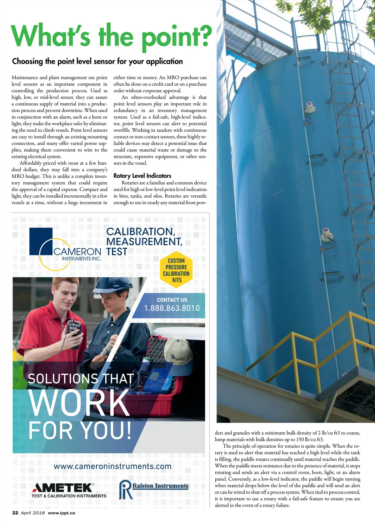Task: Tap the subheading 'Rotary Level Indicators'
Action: pyautogui.click(x=142, y=176)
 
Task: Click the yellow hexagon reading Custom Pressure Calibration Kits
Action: pyautogui.click(x=176, y=270)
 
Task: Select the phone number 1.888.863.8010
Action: pyautogui.click(x=172, y=308)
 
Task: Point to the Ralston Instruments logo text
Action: pyautogui.click(x=160, y=486)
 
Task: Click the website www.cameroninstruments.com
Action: pyautogui.click(x=112, y=466)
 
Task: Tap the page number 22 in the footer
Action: pyautogui.click(x=15, y=513)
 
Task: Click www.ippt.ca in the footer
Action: pyautogui.click(x=61, y=513)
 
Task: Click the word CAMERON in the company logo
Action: pyautogui.click(x=77, y=252)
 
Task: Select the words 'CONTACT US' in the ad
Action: pyautogui.click(x=172, y=300)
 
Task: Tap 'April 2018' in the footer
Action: pyautogui.click(x=33, y=513)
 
